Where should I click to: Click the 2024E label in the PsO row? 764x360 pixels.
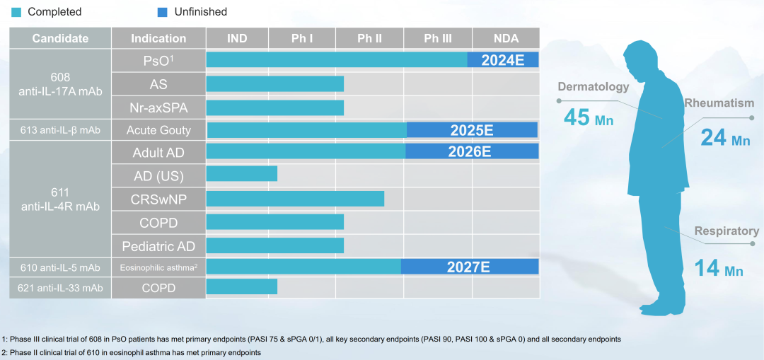[x=503, y=60]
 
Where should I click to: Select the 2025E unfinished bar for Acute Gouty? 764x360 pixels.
[x=472, y=130]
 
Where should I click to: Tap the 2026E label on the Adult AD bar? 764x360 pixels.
[x=469, y=151]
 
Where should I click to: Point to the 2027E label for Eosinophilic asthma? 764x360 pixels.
[x=468, y=267]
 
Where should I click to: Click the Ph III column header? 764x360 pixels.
[x=437, y=38]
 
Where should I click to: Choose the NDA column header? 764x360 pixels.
[x=506, y=38]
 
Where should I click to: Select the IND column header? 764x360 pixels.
[x=237, y=38]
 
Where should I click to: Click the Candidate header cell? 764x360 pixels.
[x=60, y=38]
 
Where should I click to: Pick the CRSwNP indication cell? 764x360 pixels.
[x=158, y=199]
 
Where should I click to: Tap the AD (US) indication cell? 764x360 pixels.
[x=158, y=176]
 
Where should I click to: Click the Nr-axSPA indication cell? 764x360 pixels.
[x=158, y=108]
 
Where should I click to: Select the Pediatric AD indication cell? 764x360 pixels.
[x=158, y=246]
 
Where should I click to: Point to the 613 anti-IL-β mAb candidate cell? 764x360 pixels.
[x=60, y=130]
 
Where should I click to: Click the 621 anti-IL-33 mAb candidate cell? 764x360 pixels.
[x=60, y=288]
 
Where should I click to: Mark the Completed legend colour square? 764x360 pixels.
[x=16, y=12]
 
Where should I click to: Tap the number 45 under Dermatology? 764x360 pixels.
[x=577, y=117]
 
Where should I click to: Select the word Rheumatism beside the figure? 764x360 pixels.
[x=719, y=103]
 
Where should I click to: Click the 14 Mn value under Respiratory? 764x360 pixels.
[x=717, y=269]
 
